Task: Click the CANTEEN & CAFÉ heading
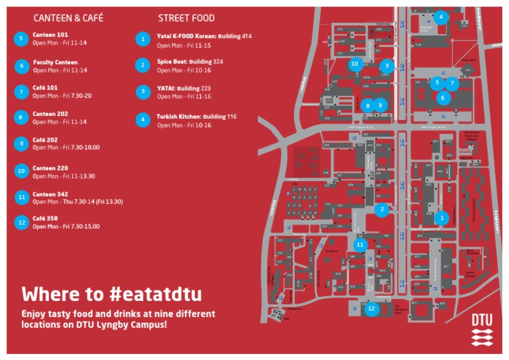(x=68, y=18)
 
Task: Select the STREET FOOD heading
(x=186, y=18)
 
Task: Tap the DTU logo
(x=482, y=329)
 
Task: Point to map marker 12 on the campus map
(x=372, y=308)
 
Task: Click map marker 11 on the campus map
(x=360, y=245)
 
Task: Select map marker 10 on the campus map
(x=355, y=64)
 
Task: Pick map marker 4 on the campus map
(x=441, y=17)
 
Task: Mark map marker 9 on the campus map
(x=380, y=104)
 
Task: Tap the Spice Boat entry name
(x=172, y=61)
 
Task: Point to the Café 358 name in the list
(x=45, y=218)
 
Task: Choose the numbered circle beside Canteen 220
(x=21, y=171)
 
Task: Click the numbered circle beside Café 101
(x=21, y=91)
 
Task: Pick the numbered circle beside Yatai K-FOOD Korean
(x=142, y=39)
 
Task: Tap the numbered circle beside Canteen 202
(x=21, y=117)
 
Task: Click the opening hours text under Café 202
(x=66, y=147)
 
